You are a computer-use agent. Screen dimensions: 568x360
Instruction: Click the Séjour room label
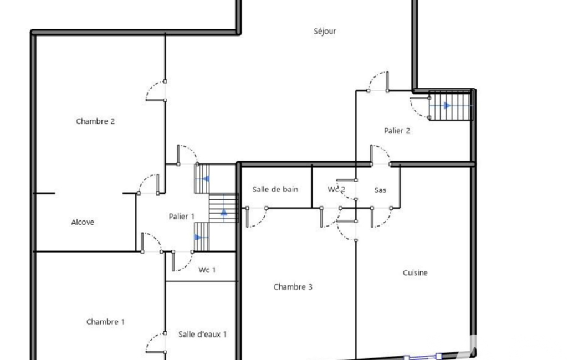click(x=325, y=32)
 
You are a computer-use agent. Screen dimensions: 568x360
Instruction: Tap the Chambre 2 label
click(x=95, y=121)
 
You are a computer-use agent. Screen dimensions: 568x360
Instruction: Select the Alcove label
click(x=83, y=223)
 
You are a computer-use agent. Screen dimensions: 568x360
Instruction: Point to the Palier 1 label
click(x=182, y=217)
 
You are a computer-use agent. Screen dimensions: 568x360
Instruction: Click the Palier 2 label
click(x=397, y=131)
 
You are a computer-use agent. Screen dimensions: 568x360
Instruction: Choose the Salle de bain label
click(x=275, y=189)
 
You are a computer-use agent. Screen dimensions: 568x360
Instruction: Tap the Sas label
click(x=380, y=190)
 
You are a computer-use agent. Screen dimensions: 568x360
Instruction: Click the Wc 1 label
click(x=207, y=270)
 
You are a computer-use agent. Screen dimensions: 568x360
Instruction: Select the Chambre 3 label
click(x=293, y=287)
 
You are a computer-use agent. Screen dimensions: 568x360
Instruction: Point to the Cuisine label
click(x=415, y=272)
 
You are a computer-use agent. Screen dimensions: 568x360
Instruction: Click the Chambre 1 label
click(x=105, y=322)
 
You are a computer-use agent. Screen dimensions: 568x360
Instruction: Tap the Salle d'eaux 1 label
click(x=202, y=335)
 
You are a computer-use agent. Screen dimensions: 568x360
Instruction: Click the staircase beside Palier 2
click(x=451, y=106)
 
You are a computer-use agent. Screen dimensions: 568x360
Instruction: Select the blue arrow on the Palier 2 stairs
click(x=447, y=106)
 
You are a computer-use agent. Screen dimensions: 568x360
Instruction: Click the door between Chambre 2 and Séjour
click(x=156, y=91)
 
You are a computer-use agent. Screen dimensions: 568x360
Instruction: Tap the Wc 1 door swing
click(x=182, y=261)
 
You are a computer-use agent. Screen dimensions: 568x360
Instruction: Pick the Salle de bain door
click(x=257, y=217)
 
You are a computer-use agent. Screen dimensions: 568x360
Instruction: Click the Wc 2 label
click(x=336, y=189)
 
